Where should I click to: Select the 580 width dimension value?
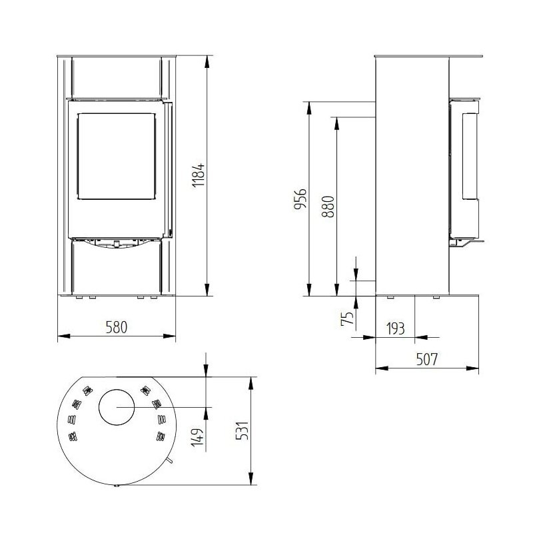point(116,327)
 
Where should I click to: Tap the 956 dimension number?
point(300,199)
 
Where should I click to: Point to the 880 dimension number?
point(326,207)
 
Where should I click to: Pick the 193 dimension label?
point(395,328)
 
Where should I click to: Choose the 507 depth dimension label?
point(426,359)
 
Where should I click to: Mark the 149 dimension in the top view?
point(197,438)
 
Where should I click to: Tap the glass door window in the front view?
point(116,156)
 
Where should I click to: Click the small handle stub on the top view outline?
point(171,461)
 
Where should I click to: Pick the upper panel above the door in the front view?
point(116,77)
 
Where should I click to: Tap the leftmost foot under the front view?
point(77,298)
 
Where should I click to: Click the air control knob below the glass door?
point(117,245)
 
